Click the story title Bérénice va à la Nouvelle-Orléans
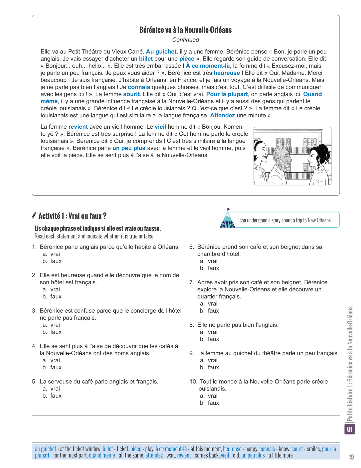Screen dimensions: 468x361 click(x=185, y=30)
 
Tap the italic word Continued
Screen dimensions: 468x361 click(x=185, y=40)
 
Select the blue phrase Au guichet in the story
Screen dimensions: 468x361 click(x=161, y=52)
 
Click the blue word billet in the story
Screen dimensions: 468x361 click(x=146, y=59)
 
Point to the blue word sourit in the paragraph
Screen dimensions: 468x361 click(x=131, y=94)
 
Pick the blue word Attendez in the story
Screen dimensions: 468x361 click(x=222, y=116)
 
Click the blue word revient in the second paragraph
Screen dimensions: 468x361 click(x=78, y=127)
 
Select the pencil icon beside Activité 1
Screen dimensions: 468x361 click(x=34, y=216)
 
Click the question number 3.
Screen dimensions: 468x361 click(x=34, y=311)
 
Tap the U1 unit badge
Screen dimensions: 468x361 click(x=350, y=429)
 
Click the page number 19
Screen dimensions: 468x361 click(x=351, y=457)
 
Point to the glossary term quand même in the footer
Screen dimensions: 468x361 click(x=102, y=455)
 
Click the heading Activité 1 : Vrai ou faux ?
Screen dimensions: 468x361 click(x=72, y=216)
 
